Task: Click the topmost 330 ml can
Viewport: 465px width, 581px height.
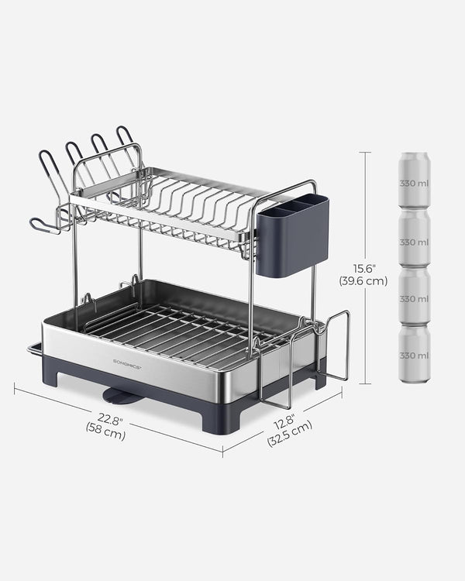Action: (x=414, y=180)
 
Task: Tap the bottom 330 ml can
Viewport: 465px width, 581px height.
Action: (x=414, y=354)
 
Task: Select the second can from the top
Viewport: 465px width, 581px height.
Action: (x=414, y=239)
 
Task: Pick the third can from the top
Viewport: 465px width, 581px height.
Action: (x=414, y=297)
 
